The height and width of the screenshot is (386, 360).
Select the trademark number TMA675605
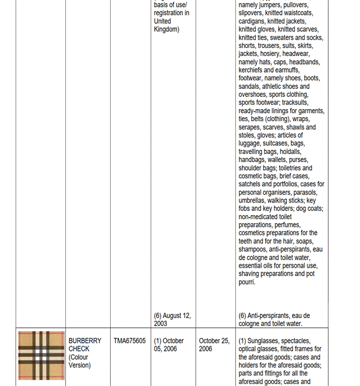tap(129, 341)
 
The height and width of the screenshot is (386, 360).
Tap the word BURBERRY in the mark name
tap(85, 341)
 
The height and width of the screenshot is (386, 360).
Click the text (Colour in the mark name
tap(79, 357)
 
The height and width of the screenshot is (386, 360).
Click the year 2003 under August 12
tap(161, 324)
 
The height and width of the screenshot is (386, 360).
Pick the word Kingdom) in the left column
tap(166, 29)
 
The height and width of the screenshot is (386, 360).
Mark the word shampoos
tap(254, 249)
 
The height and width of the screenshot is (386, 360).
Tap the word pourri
tap(247, 282)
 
